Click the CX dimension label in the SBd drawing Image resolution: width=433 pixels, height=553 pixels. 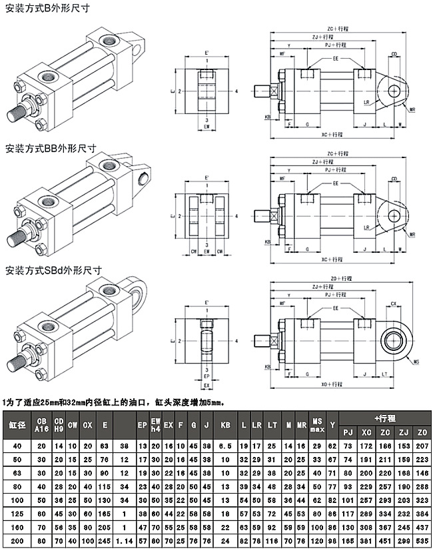[394, 304]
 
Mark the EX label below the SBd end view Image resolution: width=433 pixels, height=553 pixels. [207, 386]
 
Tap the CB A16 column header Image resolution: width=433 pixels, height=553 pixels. [41, 424]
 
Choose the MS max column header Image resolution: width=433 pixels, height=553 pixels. [317, 424]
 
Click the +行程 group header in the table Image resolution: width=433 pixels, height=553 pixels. [385, 418]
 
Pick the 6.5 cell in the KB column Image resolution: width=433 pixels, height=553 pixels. [225, 445]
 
